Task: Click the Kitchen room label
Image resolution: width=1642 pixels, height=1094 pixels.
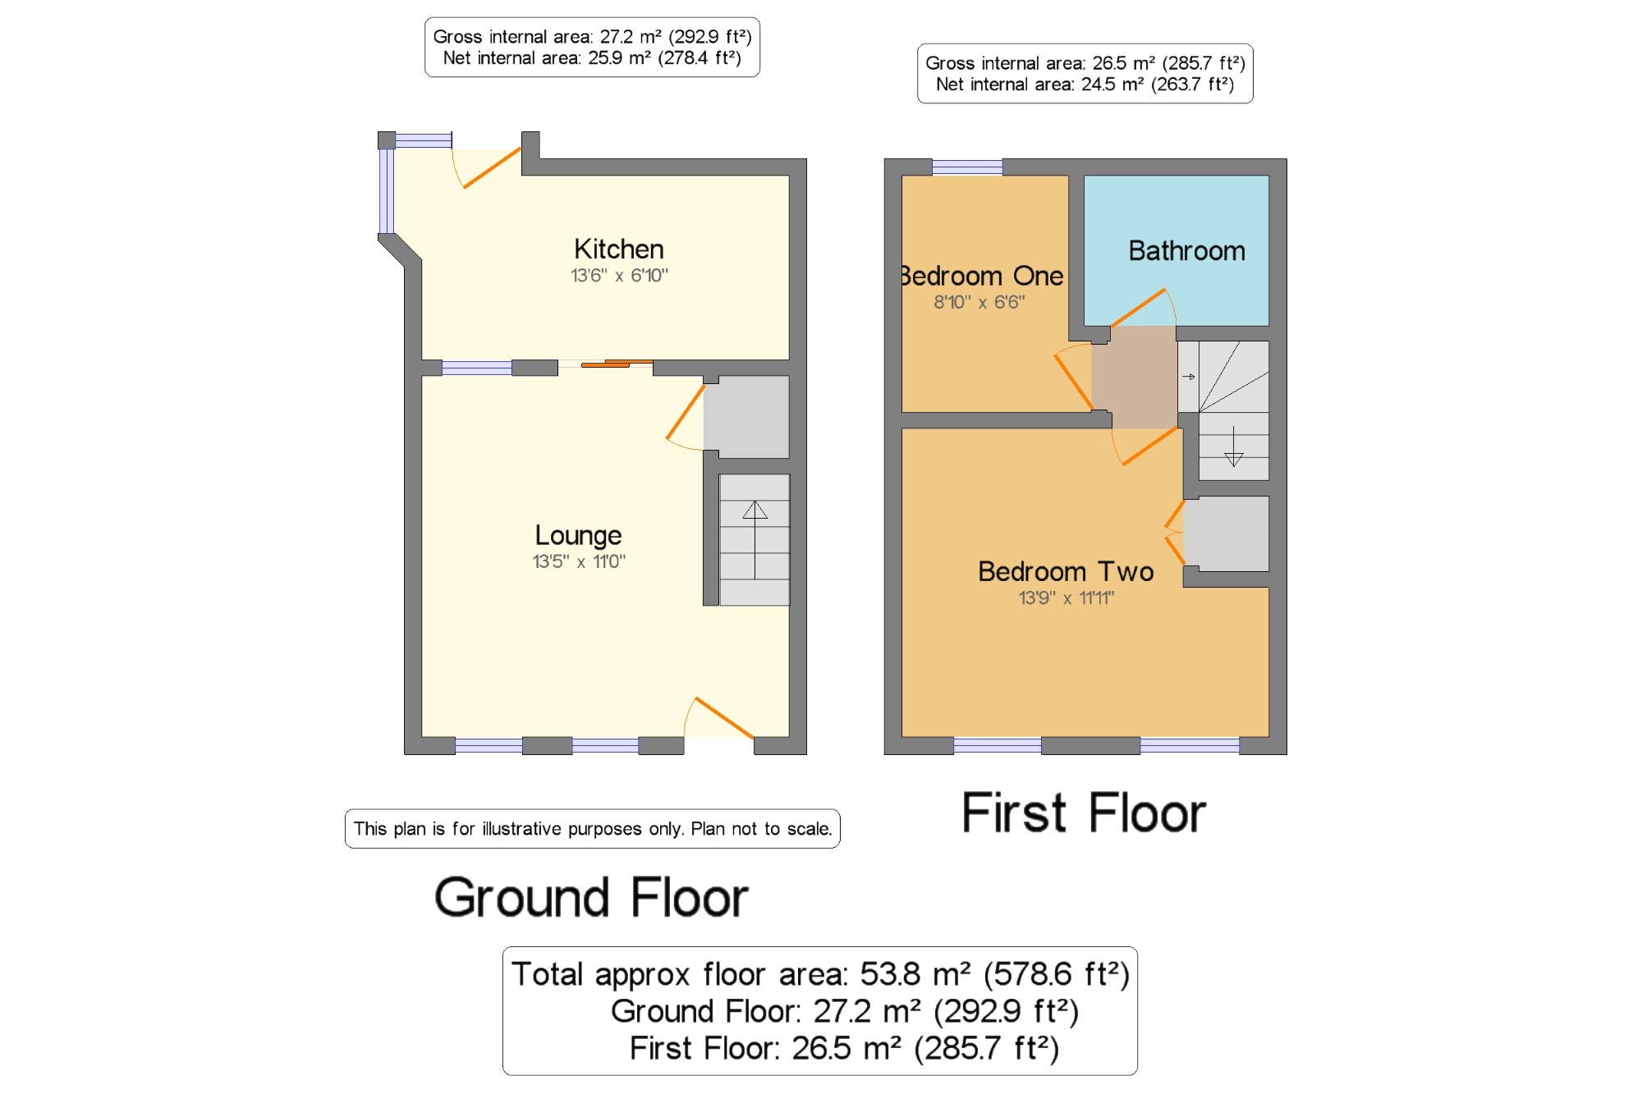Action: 619,249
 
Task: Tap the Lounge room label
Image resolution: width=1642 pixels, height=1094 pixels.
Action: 578,536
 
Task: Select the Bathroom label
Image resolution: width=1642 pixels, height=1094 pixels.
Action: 1186,250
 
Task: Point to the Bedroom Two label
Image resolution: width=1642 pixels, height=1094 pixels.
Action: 1066,571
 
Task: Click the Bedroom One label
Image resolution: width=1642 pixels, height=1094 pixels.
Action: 983,276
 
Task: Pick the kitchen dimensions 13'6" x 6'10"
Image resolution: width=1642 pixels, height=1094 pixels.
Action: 619,276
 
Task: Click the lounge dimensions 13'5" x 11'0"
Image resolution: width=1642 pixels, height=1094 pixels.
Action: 579,561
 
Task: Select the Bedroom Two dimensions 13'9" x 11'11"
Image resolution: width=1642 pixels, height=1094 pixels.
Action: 1066,597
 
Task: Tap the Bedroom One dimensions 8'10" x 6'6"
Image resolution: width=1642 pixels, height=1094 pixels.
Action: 979,302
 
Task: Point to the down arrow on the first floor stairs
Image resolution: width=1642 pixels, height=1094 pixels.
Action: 1233,446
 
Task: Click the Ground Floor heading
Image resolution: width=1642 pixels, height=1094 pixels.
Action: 591,897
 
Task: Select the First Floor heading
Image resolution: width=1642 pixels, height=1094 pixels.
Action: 1084,812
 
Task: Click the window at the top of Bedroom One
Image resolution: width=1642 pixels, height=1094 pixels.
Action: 967,167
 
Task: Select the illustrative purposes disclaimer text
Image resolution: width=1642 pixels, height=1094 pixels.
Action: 593,829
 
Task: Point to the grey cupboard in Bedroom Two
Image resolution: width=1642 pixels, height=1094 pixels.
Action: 1226,533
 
